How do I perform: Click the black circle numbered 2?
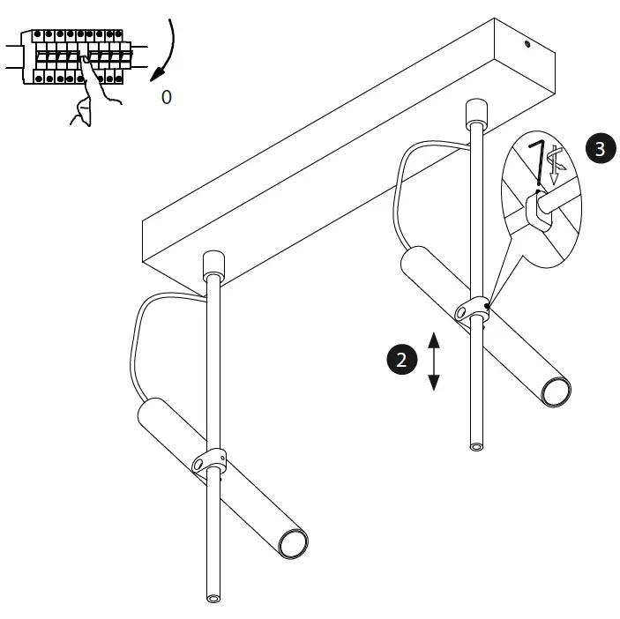pos(402,360)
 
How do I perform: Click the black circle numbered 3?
pos(600,148)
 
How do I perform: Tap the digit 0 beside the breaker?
pos(167,97)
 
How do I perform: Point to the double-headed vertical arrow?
pos(433,360)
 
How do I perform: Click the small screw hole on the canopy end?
pos(526,42)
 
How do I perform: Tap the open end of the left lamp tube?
pos(292,543)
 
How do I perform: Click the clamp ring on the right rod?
pos(474,309)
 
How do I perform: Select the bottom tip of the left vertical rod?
pos(213,597)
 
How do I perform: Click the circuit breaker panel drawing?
pos(75,57)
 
